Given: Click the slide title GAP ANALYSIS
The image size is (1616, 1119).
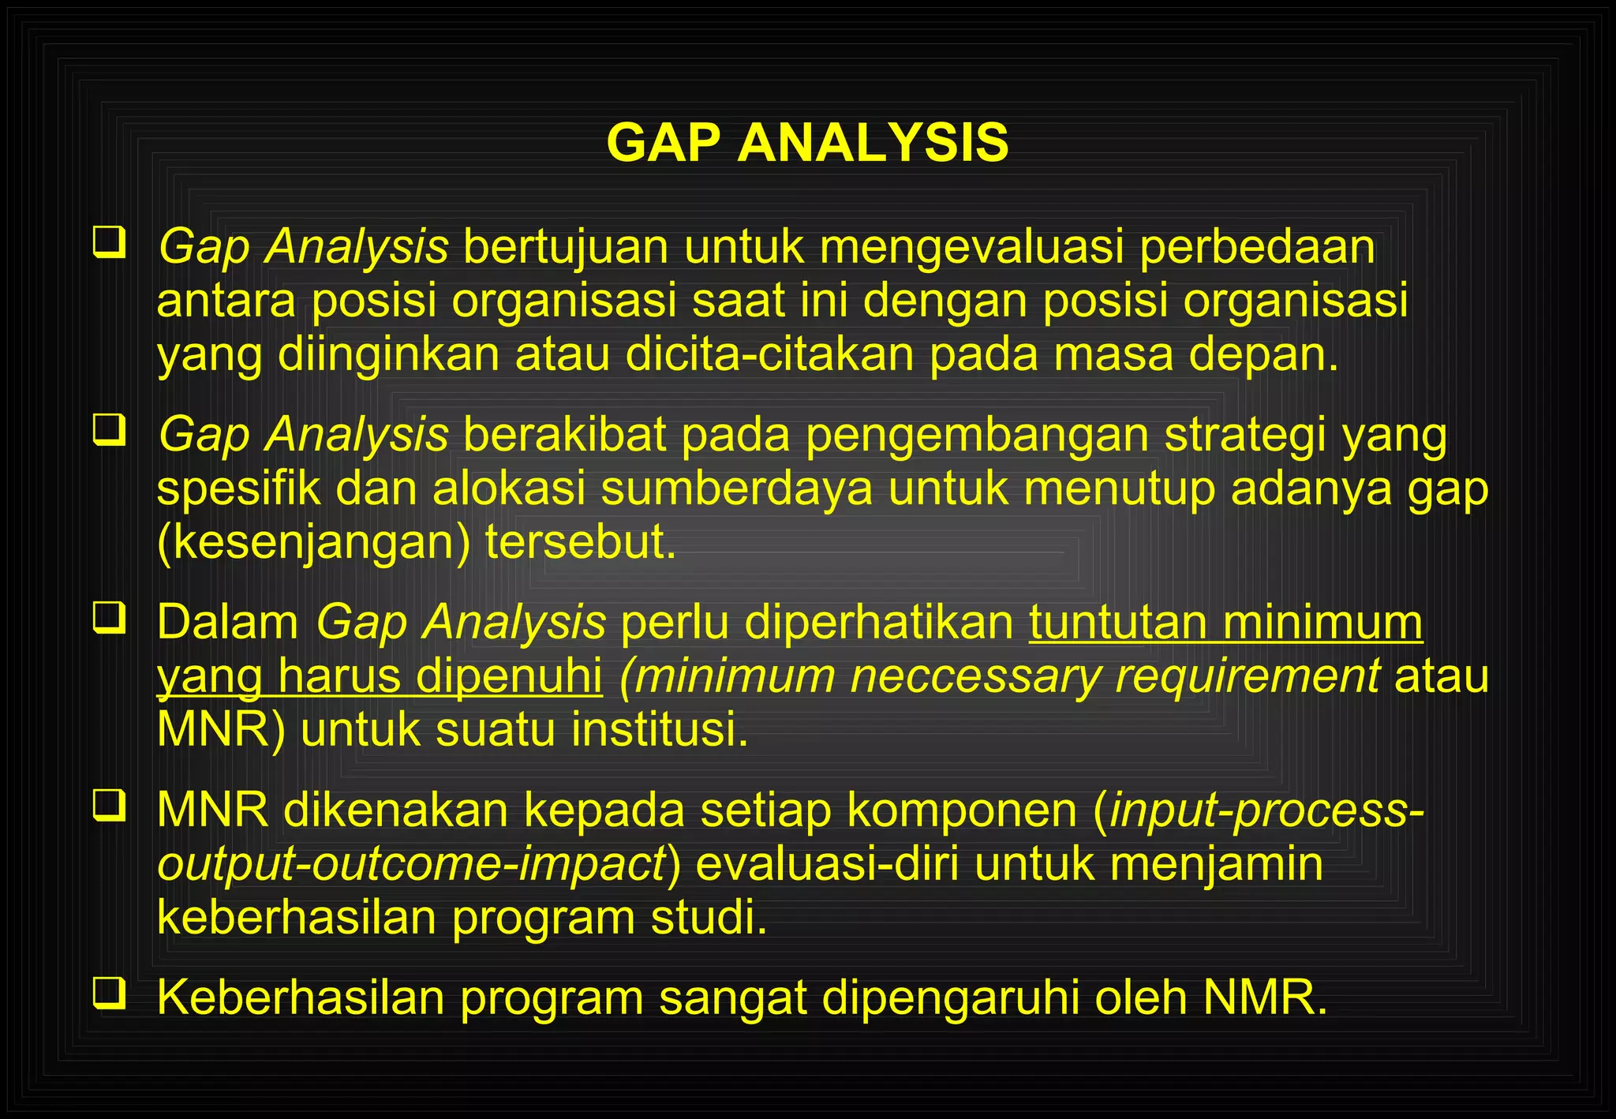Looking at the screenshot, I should [x=807, y=144].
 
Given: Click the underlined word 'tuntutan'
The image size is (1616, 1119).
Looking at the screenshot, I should [x=1117, y=623].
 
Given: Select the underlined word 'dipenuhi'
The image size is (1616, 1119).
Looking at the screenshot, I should [x=509, y=677].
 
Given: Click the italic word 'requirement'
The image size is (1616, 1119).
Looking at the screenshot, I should [x=1248, y=677].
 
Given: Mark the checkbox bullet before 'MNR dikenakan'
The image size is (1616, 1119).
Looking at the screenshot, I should [x=109, y=805].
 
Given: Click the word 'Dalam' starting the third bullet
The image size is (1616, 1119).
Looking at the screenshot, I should [x=227, y=623].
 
